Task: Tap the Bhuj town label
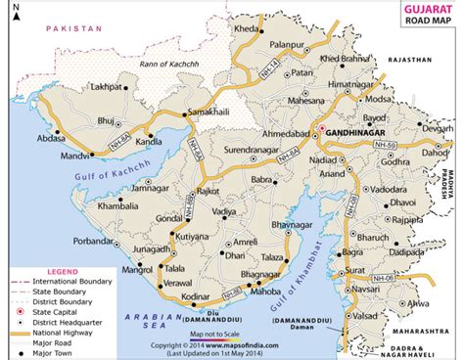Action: pos(107,119)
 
